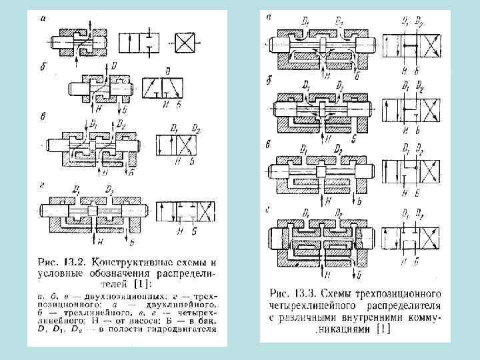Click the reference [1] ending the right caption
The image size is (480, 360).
point(384,329)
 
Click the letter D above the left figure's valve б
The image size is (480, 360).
point(114,65)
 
